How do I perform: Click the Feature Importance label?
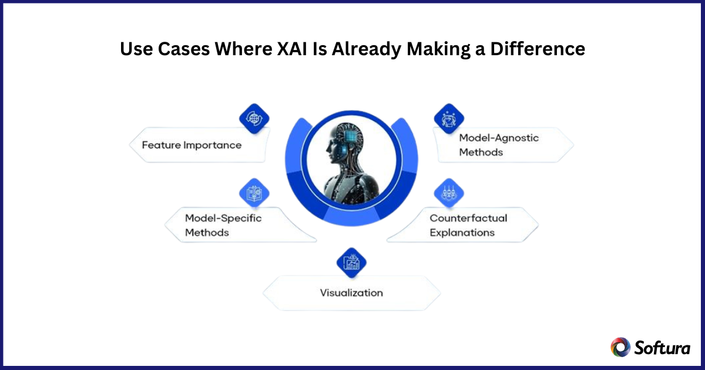[x=192, y=145]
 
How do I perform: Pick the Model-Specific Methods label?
[x=223, y=226]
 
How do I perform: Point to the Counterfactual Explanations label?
[x=468, y=226]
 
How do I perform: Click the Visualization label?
[x=351, y=292]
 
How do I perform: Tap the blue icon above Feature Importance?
[x=254, y=118]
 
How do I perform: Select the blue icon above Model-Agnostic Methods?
[x=449, y=118]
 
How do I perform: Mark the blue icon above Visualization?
[x=351, y=262]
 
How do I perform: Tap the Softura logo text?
[x=662, y=347]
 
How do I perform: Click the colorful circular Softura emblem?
[x=620, y=347]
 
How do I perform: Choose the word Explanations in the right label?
[x=462, y=233]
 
